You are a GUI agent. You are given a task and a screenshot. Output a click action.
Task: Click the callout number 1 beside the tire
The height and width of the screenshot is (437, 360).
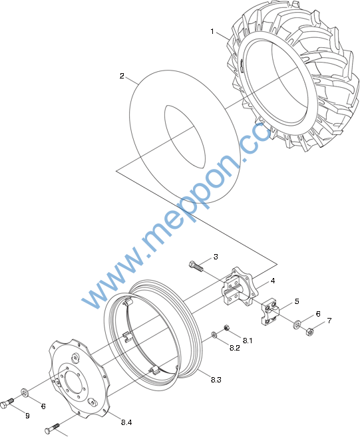(x=212, y=31)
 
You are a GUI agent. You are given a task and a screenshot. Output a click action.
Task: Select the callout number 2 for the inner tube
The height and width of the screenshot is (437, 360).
(x=122, y=76)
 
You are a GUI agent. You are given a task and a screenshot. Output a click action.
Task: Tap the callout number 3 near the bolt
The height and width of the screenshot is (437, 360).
(x=216, y=257)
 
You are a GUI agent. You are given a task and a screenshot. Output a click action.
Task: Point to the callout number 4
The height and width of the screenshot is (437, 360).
(x=273, y=281)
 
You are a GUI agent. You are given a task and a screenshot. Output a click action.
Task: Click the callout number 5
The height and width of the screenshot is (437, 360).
(x=297, y=301)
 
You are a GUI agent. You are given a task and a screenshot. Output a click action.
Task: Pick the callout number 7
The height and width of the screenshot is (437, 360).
(x=329, y=321)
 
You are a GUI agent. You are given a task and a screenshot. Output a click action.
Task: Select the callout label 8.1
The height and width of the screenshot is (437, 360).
(x=248, y=341)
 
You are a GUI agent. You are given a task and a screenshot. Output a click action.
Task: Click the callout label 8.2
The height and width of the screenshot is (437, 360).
(x=234, y=348)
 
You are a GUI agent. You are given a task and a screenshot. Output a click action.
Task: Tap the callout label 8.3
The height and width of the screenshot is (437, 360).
(x=216, y=380)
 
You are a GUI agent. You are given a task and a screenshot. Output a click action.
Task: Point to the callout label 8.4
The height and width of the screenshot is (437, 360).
(x=126, y=422)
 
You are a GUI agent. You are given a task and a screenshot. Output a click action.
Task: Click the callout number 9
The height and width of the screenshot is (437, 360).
(x=27, y=416)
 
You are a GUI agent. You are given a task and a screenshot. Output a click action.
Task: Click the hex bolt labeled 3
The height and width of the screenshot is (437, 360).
(x=196, y=266)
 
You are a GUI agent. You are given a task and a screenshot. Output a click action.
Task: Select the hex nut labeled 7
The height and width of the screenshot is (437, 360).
(x=309, y=331)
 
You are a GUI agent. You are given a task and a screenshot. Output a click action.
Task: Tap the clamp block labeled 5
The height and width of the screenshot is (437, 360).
(x=270, y=312)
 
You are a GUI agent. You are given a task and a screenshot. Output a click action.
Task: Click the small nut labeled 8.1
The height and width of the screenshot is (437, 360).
(x=227, y=327)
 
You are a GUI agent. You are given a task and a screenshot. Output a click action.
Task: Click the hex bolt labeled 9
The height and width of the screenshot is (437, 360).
(x=7, y=404)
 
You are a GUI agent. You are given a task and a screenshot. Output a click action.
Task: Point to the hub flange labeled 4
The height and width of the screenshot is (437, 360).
(x=240, y=287)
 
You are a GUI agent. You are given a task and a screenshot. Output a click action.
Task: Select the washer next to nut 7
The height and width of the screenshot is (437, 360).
(x=296, y=325)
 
